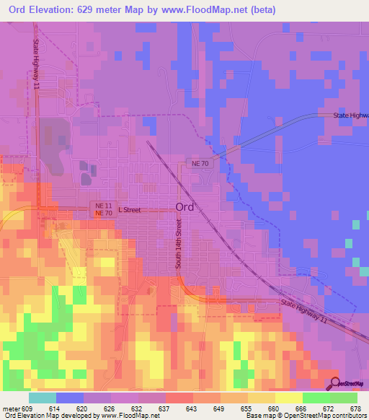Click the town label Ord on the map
(184, 207)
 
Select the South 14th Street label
(178, 245)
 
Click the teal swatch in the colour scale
(42, 398)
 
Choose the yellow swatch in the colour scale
(288, 398)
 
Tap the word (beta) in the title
(262, 11)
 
